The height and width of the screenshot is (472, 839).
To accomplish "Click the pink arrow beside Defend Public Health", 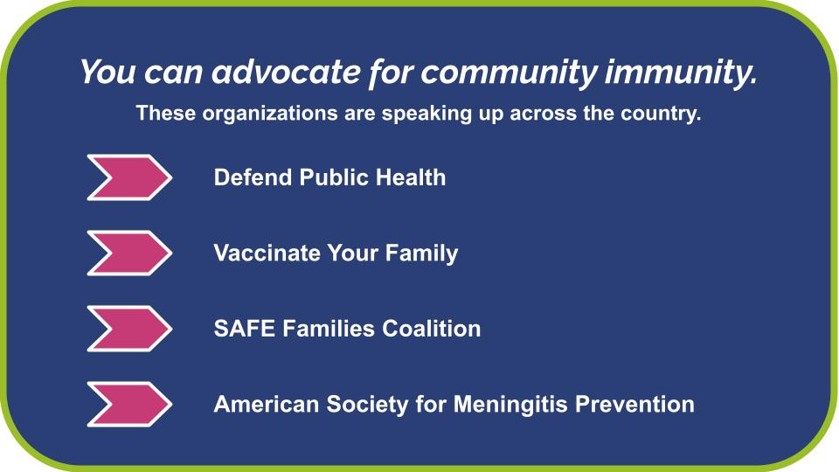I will pos(129,177).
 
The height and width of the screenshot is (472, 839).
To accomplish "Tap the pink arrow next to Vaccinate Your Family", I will pos(129,253).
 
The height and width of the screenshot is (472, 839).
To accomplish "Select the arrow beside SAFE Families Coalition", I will pos(129,329).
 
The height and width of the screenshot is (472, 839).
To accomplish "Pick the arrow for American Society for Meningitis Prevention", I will pos(129,405).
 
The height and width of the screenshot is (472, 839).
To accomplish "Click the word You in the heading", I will pos(107,72).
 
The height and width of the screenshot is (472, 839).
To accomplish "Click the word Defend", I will pos(253,177).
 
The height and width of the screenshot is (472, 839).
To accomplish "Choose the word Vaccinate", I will pos(267,253).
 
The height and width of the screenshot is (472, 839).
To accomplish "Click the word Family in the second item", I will pos(426,253).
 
